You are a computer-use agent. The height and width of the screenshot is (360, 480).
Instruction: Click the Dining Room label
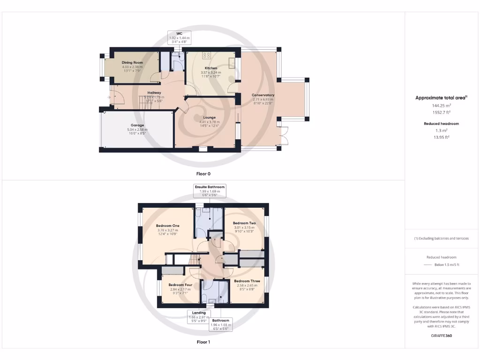pos(132,62)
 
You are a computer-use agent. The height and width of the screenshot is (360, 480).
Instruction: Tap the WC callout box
pos(179,37)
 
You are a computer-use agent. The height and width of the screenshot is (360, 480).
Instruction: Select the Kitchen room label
pos(210,68)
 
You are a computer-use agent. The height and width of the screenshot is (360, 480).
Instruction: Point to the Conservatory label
pos(263,95)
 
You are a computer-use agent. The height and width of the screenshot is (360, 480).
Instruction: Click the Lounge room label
pos(209,118)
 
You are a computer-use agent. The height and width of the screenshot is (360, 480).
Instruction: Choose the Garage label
pos(137,126)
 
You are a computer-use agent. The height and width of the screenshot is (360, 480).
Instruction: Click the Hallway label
pos(154,93)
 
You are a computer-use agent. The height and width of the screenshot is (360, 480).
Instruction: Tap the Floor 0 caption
pos(203,173)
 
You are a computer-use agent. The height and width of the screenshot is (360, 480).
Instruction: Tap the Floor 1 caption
pos(203,342)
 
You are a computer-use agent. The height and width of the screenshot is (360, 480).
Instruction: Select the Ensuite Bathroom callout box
pos(210,190)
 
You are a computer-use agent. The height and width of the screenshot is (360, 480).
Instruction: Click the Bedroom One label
pos(167,225)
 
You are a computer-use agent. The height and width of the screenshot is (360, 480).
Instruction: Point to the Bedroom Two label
pos(244,223)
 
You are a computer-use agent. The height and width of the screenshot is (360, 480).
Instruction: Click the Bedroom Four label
pos(180,285)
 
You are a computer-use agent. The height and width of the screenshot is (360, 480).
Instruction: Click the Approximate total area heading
pos(441,98)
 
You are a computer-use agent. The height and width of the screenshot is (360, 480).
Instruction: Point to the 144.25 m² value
pos(441,106)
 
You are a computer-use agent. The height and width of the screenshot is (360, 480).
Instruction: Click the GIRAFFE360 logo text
pos(441,336)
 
